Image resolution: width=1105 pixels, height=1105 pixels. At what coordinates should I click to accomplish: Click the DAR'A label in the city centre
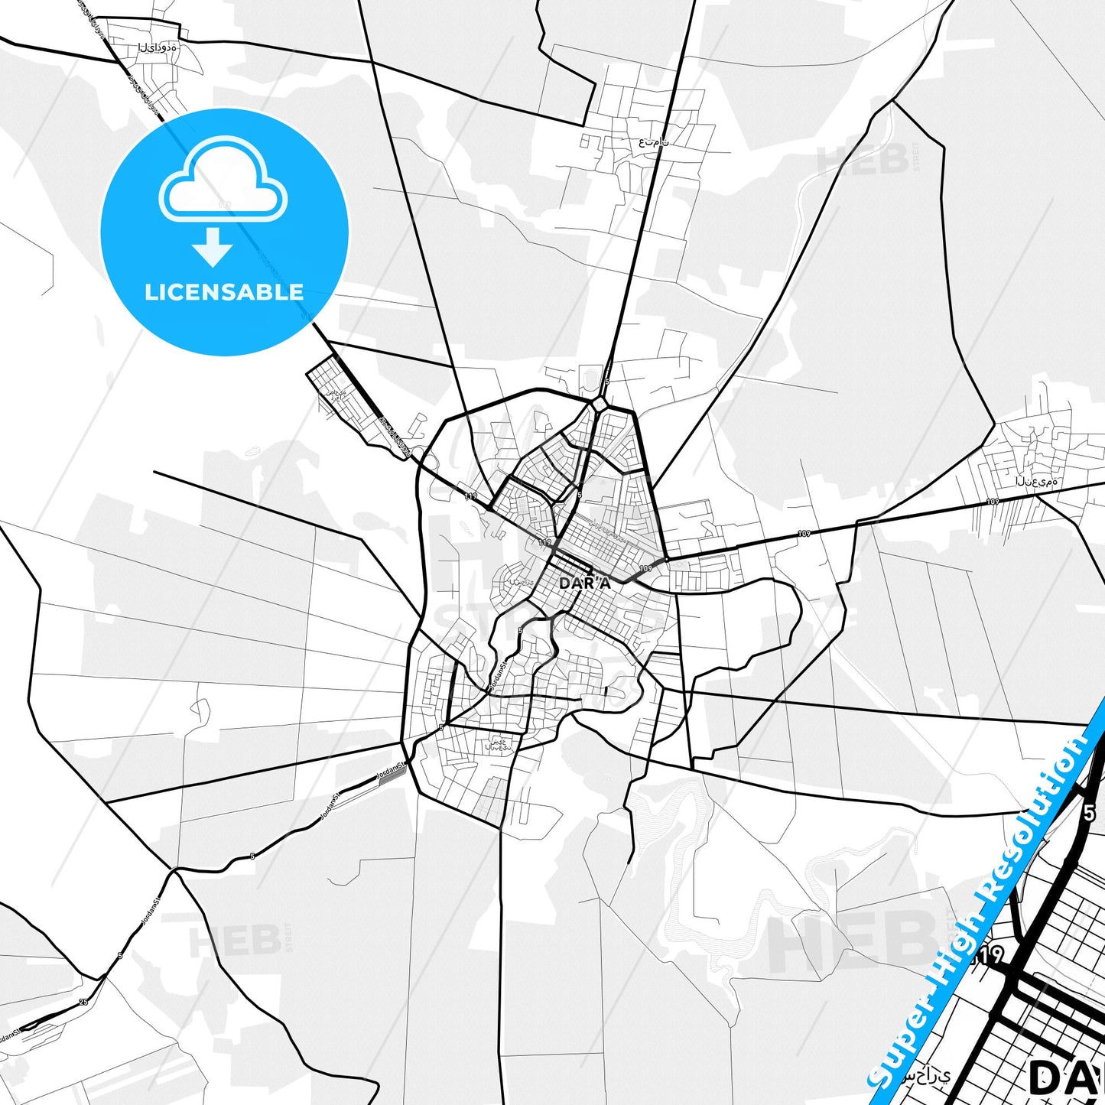tap(585, 583)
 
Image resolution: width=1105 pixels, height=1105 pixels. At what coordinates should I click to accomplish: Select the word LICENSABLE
tap(224, 291)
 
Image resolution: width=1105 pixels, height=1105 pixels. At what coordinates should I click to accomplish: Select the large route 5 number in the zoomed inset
tap(1089, 813)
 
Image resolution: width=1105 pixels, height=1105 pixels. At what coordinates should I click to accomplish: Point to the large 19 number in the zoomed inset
tap(989, 956)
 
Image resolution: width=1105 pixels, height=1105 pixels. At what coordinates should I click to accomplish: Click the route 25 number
tap(83, 1002)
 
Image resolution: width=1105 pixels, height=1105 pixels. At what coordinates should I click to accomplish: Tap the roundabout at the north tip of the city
tap(600, 403)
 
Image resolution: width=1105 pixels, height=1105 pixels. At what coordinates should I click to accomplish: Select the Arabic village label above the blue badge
tap(157, 47)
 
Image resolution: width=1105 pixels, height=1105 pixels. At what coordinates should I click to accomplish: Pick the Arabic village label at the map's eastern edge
tap(1036, 482)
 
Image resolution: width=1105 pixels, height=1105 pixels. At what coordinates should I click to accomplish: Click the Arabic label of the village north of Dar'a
tap(654, 141)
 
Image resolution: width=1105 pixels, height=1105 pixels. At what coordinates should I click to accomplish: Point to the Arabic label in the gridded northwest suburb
tap(336, 395)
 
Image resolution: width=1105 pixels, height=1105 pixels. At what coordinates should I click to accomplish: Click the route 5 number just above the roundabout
tap(606, 382)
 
